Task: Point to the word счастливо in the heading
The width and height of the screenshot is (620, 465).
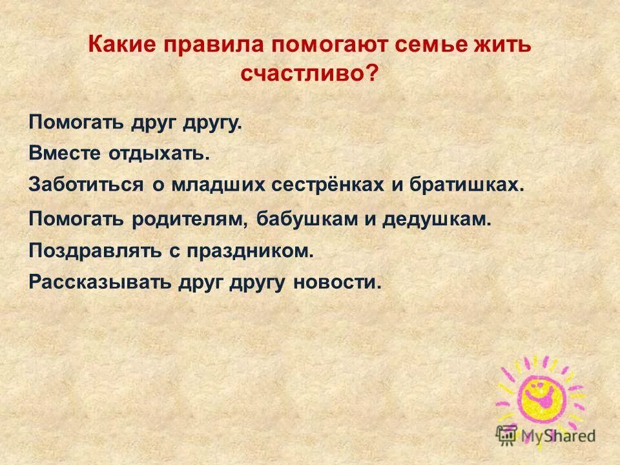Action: [302, 73]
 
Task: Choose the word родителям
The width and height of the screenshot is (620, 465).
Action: [189, 218]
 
